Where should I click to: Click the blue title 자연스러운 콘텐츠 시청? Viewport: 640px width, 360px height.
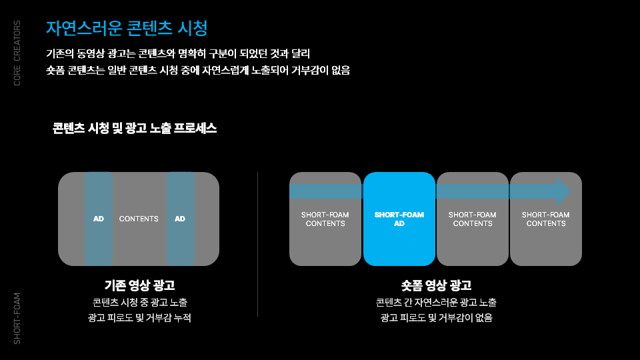[127, 28]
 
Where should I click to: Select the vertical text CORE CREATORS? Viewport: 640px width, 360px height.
[17, 53]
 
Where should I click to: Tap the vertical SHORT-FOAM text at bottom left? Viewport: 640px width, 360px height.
[17, 318]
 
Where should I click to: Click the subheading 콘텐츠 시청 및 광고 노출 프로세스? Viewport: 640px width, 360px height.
[135, 128]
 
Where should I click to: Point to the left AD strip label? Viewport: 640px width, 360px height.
[99, 219]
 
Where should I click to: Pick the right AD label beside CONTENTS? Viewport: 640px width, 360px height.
[180, 219]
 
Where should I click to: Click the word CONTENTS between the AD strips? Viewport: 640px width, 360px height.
[139, 219]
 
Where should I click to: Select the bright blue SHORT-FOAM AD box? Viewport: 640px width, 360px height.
[399, 219]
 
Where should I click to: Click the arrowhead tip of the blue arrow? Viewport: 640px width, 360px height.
[568, 191]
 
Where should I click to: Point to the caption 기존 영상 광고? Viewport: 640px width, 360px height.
[139, 285]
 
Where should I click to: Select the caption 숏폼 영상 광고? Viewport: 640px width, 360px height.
[436, 285]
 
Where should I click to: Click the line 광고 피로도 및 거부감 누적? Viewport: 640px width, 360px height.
[139, 318]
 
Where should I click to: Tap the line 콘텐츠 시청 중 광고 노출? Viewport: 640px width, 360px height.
[139, 302]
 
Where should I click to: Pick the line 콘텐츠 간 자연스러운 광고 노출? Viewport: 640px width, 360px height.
[436, 302]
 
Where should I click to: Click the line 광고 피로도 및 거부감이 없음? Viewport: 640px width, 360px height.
[436, 318]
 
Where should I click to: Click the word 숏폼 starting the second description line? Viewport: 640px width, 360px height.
[55, 70]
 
